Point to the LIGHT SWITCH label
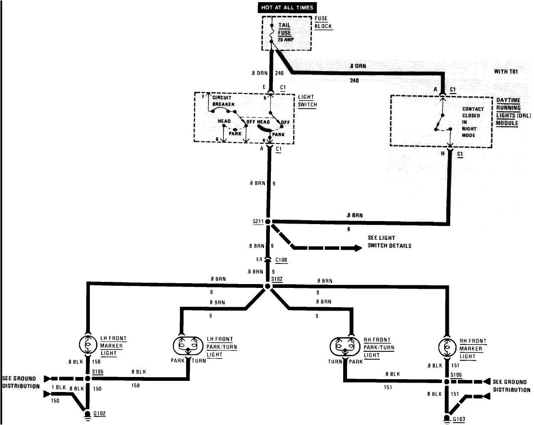tap(307, 101)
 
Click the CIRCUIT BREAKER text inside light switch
tap(223, 101)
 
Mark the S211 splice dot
tap(268, 221)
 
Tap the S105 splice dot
tap(88, 379)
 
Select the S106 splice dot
tap(448, 381)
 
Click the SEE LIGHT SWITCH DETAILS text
tap(389, 242)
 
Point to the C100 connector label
tap(281, 260)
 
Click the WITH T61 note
tap(506, 72)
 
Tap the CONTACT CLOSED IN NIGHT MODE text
tap(472, 122)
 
